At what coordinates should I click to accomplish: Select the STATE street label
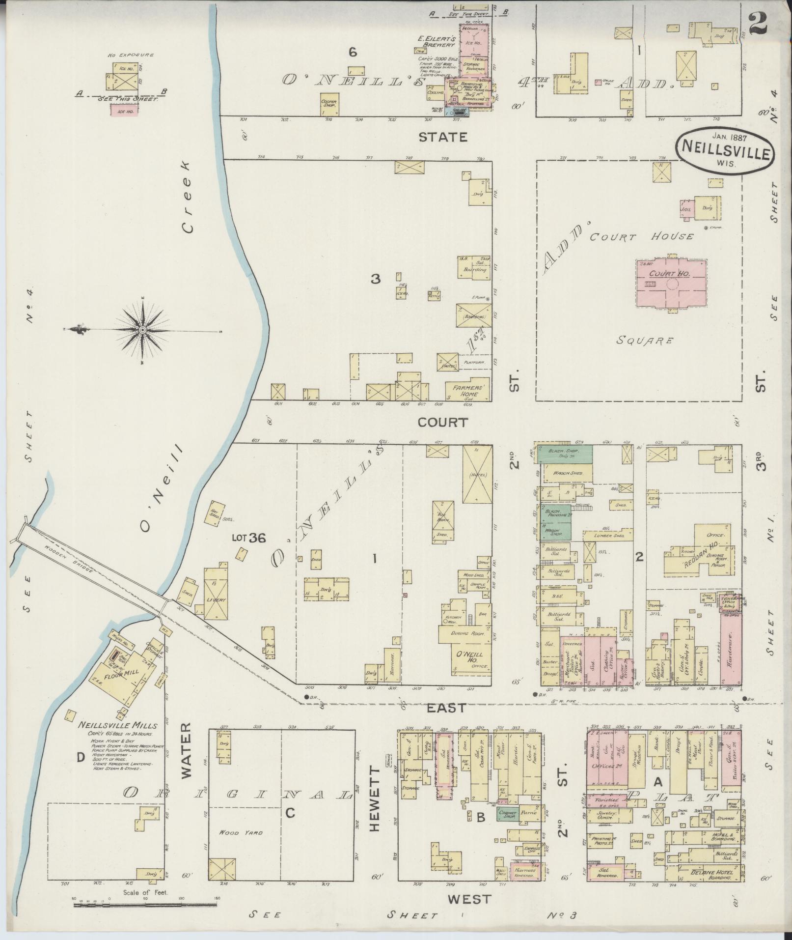[x=442, y=137]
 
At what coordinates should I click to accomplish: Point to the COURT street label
[x=442, y=422]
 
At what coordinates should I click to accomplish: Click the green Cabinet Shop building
[x=508, y=813]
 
